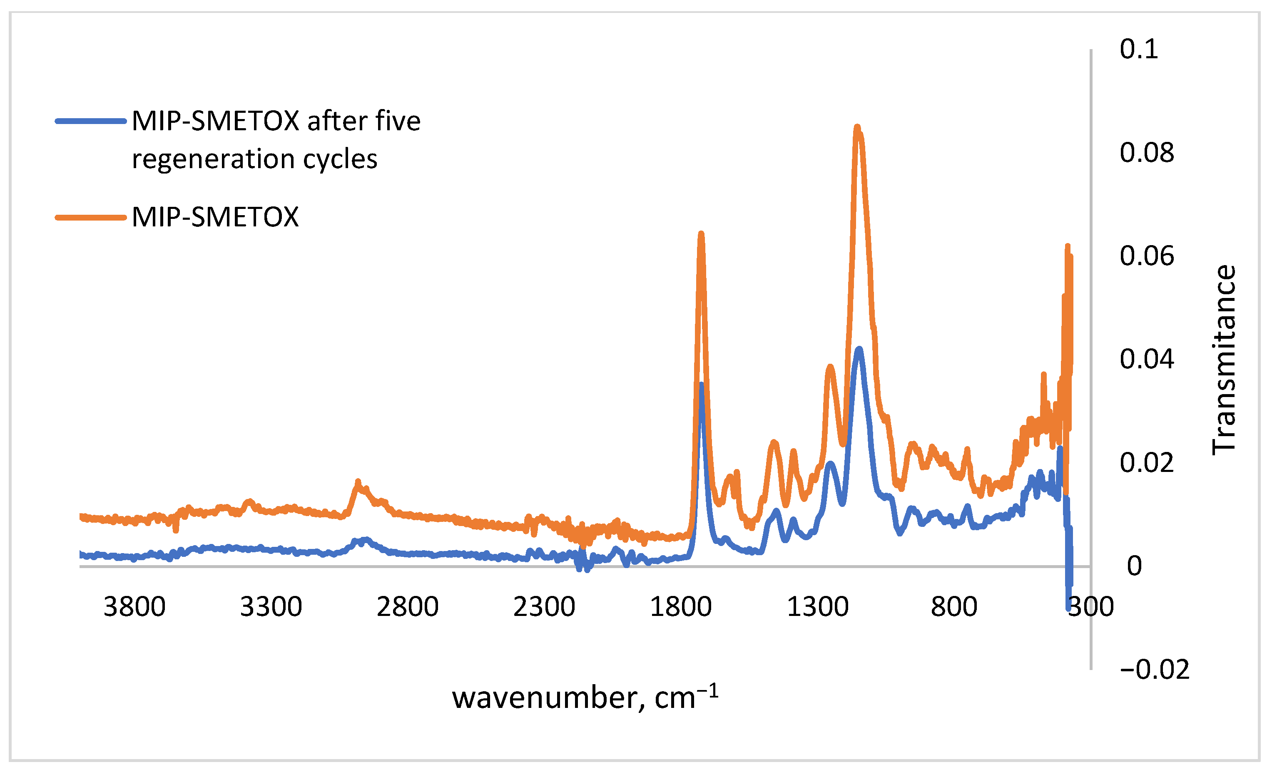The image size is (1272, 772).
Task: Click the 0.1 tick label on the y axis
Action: coord(1138,49)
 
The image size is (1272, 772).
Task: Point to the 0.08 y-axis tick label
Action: coord(1147,153)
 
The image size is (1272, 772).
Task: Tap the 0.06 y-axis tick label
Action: coord(1147,256)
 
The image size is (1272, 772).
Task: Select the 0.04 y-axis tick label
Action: coord(1147,359)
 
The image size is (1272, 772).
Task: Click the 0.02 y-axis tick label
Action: coord(1147,463)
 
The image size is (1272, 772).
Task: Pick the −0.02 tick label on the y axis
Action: coord(1154,670)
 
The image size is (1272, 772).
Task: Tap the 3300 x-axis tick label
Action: coord(271,607)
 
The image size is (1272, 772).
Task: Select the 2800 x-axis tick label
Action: coord(407,607)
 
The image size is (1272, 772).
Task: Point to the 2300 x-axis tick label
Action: coord(544,607)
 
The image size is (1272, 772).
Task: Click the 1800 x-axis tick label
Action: coord(680,607)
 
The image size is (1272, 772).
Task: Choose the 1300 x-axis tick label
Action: coord(817,607)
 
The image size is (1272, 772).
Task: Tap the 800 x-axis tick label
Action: coord(954,607)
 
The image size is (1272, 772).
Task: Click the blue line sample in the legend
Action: coord(91,121)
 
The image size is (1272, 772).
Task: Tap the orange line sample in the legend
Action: coord(91,217)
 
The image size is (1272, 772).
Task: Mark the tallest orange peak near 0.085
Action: coord(857,127)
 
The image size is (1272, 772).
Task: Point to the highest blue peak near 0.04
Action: coord(859,349)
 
